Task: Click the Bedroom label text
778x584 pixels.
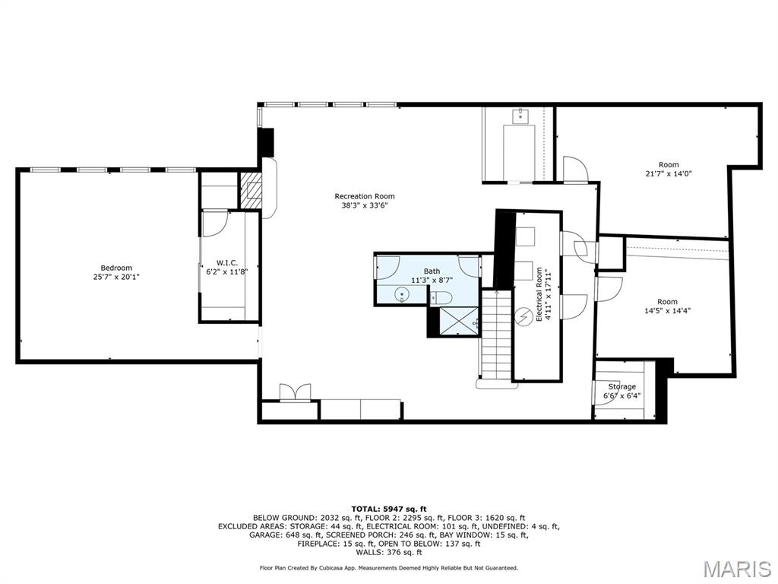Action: [x=116, y=268]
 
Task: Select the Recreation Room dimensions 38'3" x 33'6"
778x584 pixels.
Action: [x=365, y=205]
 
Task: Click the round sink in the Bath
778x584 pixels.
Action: [x=402, y=294]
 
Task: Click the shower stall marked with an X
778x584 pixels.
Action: [x=454, y=321]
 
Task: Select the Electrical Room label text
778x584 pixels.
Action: [x=539, y=294]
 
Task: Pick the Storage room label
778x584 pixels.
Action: [x=621, y=387]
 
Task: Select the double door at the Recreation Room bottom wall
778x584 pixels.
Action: [x=295, y=392]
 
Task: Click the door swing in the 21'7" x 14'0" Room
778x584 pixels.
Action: [x=575, y=169]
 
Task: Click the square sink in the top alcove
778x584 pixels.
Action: [x=521, y=116]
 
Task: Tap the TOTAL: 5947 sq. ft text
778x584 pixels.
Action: [x=388, y=509]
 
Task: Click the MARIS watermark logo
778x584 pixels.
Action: [x=736, y=569]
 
